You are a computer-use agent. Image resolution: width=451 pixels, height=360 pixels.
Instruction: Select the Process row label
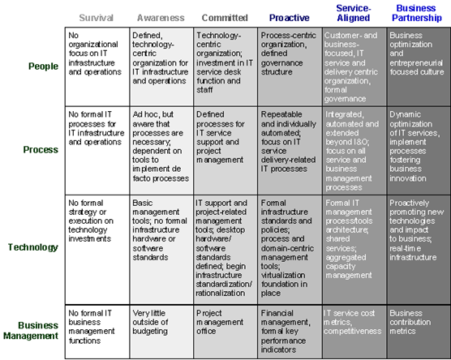[42, 150]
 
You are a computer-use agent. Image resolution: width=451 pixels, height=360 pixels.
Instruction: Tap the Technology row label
[35, 247]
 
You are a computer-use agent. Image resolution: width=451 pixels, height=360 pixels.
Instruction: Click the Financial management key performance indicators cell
[290, 328]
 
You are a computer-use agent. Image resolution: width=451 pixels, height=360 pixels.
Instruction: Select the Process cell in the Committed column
[225, 150]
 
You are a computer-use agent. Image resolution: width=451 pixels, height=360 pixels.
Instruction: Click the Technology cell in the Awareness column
[161, 247]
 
